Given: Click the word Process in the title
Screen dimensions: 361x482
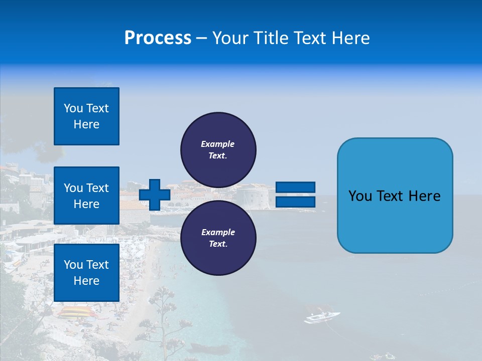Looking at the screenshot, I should (x=158, y=38).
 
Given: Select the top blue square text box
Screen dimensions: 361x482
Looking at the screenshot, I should (x=86, y=116).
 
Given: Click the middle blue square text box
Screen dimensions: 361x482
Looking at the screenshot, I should (x=86, y=196).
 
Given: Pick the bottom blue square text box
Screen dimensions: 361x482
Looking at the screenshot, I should (x=86, y=273).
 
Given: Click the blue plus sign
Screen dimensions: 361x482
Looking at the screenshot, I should (x=155, y=195).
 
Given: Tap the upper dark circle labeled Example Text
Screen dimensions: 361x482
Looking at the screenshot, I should (x=218, y=149).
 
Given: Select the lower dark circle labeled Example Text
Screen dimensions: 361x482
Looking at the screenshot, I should (x=218, y=238).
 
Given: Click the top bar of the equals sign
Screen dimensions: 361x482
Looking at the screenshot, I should (x=295, y=187).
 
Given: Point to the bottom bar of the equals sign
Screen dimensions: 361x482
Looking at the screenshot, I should (x=295, y=202).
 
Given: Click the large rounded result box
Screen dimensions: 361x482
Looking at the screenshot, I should (x=395, y=196).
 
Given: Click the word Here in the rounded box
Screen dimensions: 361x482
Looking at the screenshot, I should (x=424, y=196).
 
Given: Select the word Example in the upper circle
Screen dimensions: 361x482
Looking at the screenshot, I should (x=218, y=144).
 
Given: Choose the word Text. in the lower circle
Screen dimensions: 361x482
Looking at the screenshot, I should (x=218, y=244).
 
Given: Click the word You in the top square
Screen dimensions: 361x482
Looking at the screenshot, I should (x=73, y=108).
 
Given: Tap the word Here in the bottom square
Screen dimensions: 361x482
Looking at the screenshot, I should (x=86, y=281).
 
